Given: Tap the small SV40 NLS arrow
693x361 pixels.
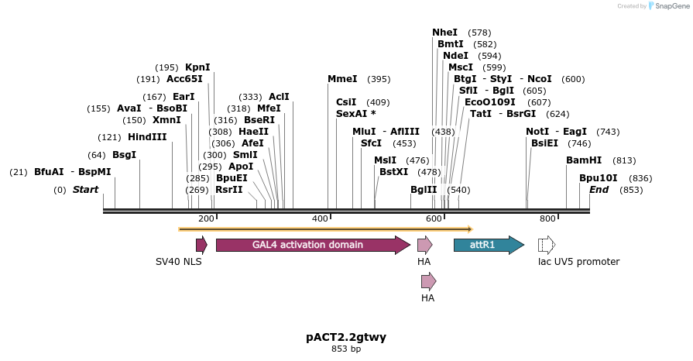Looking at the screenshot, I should pos(201,246).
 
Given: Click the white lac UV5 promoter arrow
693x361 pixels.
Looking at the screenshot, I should pos(547,246).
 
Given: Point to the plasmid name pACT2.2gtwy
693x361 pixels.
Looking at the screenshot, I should pos(346,337).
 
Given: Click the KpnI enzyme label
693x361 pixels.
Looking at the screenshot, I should pos(197,67).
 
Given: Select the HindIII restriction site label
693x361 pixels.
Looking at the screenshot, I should pos(147,137).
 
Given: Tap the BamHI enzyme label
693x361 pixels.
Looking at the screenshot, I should pos(584,160).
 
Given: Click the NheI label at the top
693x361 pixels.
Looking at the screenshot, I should pos(444,33).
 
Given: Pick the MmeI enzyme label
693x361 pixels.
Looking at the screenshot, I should pos(342,79).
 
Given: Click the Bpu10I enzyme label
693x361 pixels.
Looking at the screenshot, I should pos(599,178).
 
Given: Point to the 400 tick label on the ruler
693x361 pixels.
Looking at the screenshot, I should pos(320,219).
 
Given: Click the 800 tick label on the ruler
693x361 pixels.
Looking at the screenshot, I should pos(547,219).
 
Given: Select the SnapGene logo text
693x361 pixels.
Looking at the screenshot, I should pos(670,6).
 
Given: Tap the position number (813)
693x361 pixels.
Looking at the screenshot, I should pos(624,160).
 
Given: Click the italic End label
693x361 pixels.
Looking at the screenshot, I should pos(599,190).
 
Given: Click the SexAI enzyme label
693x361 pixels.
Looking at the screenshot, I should pos(355,114).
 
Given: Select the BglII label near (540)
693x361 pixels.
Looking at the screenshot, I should pos(424,190).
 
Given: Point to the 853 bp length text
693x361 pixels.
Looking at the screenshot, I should pos(346,349).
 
